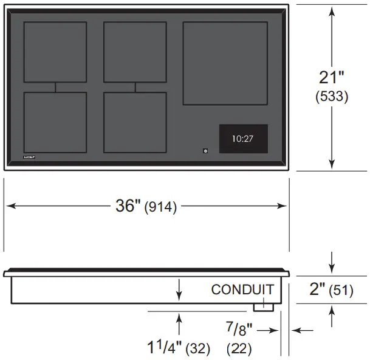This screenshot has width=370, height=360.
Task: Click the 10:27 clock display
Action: pyautogui.click(x=243, y=139)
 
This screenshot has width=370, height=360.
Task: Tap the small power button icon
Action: pyautogui.click(x=205, y=151)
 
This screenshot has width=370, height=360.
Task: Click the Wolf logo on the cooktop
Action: pyautogui.click(x=29, y=157)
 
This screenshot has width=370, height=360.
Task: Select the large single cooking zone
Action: pyautogui.click(x=225, y=63)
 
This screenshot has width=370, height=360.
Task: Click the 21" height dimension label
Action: pyautogui.click(x=332, y=77)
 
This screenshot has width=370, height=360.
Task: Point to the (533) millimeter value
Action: pyautogui.click(x=332, y=96)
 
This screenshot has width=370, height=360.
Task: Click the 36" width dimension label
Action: pyautogui.click(x=128, y=206)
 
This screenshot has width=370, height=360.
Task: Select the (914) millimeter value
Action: pyautogui.click(x=160, y=207)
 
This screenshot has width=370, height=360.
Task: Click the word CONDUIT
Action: pyautogui.click(x=242, y=289)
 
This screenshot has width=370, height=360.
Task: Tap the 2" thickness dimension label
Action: pyautogui.click(x=317, y=289)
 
